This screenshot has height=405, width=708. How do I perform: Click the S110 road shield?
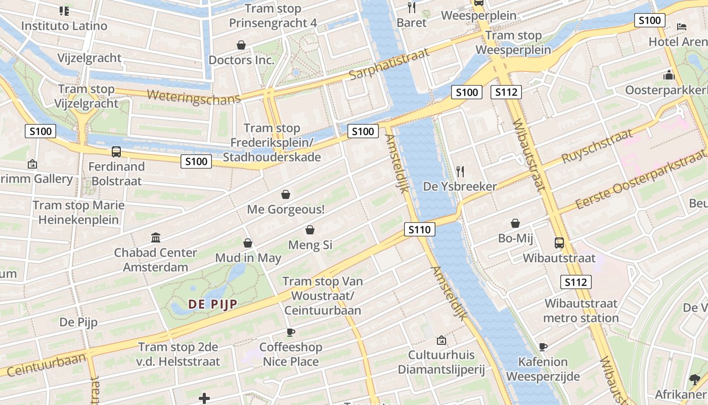(x=420, y=230)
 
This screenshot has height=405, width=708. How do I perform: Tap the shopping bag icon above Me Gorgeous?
(x=286, y=194)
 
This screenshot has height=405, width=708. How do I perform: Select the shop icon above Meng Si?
(x=310, y=230)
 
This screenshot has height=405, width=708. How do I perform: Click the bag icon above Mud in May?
(x=248, y=243)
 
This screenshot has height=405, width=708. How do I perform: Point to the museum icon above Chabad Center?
(x=156, y=237)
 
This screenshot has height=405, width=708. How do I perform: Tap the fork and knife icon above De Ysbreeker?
(x=460, y=171)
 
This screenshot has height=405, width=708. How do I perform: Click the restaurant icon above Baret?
(x=412, y=7)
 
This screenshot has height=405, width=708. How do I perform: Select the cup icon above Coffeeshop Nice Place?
(x=291, y=332)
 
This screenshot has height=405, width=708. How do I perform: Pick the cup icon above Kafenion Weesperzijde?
(x=543, y=347)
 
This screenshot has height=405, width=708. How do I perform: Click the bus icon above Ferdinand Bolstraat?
(x=116, y=151)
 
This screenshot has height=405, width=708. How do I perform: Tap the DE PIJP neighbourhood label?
(x=213, y=304)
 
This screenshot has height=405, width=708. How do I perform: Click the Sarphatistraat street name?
(x=389, y=64)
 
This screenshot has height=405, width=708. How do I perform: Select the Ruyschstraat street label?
(x=597, y=146)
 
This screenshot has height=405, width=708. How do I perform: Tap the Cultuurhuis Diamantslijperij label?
(x=441, y=362)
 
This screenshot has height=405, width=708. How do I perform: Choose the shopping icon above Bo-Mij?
(x=515, y=223)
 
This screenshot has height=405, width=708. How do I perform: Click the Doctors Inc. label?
(x=241, y=60)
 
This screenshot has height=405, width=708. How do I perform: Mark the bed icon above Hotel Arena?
(x=681, y=26)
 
